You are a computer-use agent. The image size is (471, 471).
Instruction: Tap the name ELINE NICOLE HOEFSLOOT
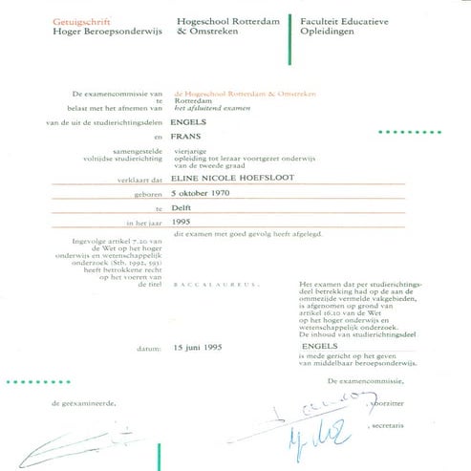click(x=234, y=177)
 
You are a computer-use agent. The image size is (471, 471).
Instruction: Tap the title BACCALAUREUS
click(x=203, y=284)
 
